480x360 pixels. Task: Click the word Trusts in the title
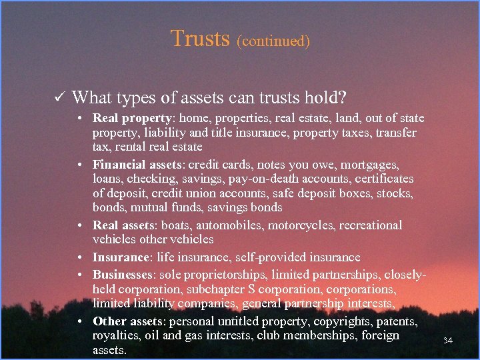click(201, 38)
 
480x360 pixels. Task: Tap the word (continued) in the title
click(273, 41)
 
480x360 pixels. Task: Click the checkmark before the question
click(58, 98)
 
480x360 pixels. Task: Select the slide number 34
click(447, 341)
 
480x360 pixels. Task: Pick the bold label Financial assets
click(138, 164)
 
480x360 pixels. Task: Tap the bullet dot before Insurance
click(79, 257)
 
